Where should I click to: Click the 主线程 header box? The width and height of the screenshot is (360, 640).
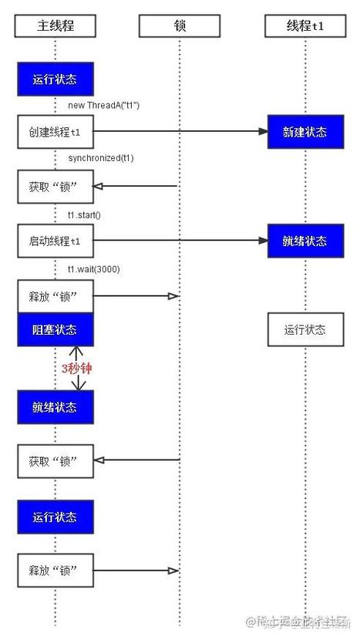[56, 25]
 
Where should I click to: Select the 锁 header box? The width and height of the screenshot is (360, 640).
[179, 25]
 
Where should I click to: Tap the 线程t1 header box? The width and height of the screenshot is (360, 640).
[304, 25]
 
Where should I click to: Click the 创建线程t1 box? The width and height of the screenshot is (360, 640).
[56, 132]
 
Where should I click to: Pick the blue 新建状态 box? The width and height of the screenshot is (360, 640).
[304, 132]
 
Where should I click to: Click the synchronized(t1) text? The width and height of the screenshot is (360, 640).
[100, 158]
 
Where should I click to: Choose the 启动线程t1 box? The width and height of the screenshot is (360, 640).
[56, 241]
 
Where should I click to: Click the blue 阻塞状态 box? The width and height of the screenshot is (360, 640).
[56, 329]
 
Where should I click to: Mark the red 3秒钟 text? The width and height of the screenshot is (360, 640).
[76, 369]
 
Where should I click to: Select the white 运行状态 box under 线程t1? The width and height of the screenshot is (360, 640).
[304, 329]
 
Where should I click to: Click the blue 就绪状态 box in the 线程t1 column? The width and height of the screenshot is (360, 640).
[304, 241]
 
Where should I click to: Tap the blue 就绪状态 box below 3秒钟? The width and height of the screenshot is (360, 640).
[56, 407]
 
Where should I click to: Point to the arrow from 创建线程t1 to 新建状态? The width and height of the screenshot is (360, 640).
[181, 132]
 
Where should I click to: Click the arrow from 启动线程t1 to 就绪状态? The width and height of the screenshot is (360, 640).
[181, 241]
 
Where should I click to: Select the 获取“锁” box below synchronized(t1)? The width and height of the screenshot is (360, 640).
[56, 186]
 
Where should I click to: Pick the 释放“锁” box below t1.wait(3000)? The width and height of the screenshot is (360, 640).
[56, 296]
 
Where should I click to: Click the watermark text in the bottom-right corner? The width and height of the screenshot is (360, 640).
[297, 622]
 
